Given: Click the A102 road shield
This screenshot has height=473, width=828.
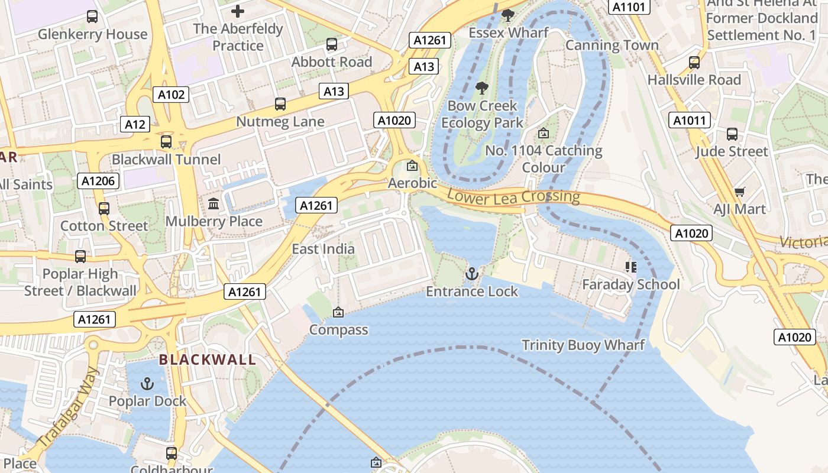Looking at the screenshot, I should tap(172, 94).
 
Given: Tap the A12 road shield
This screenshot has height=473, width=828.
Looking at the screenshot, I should tap(135, 124).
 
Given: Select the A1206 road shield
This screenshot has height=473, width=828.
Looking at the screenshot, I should tap(98, 181).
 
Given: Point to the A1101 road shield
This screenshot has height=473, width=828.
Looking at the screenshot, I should tap(629, 7).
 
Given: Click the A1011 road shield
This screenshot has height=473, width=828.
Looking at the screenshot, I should tap(690, 121).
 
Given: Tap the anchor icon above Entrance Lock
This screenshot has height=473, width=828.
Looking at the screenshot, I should tap(471, 273).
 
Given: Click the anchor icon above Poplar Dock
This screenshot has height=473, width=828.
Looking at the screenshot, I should tap(147, 384).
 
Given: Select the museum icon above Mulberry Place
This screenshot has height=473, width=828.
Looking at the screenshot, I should tap(214, 203).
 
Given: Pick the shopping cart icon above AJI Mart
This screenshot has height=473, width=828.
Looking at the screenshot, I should tap(739, 192).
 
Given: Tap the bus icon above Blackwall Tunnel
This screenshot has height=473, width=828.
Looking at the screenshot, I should tap(166, 142).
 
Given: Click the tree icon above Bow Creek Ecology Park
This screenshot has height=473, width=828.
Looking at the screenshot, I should tap(482, 89).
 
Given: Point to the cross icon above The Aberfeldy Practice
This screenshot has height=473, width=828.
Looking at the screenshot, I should tap(238, 11).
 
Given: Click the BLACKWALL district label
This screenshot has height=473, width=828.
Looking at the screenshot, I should tap(207, 359).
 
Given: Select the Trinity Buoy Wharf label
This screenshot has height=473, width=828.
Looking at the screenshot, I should tap(583, 345).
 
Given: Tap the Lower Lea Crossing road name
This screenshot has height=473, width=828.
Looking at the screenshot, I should tap(513, 197).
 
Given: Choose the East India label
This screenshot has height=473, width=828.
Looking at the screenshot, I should tap(323, 249).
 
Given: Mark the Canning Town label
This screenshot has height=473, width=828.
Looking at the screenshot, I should tap(612, 46).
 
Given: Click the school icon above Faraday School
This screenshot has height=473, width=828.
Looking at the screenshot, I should tap(630, 267).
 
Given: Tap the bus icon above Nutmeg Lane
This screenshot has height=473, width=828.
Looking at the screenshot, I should tap(280, 105).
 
